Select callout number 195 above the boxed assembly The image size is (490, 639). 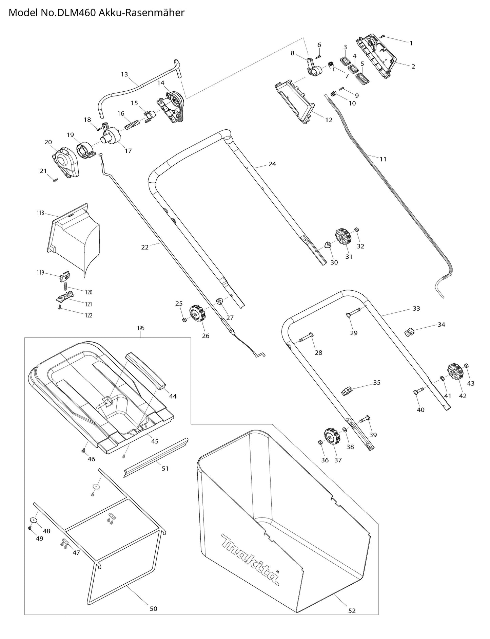[141, 328]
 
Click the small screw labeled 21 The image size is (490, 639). [55, 180]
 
